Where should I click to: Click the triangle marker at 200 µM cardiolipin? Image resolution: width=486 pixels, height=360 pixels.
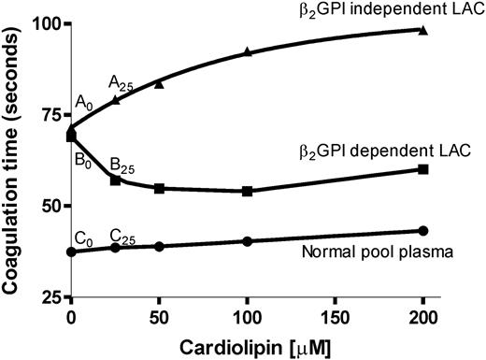point(423,30)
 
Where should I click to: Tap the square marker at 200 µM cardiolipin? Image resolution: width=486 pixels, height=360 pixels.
point(423,169)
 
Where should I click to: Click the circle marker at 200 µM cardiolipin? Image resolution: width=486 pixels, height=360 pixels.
point(423,230)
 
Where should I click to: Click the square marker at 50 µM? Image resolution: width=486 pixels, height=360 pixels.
point(160,188)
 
